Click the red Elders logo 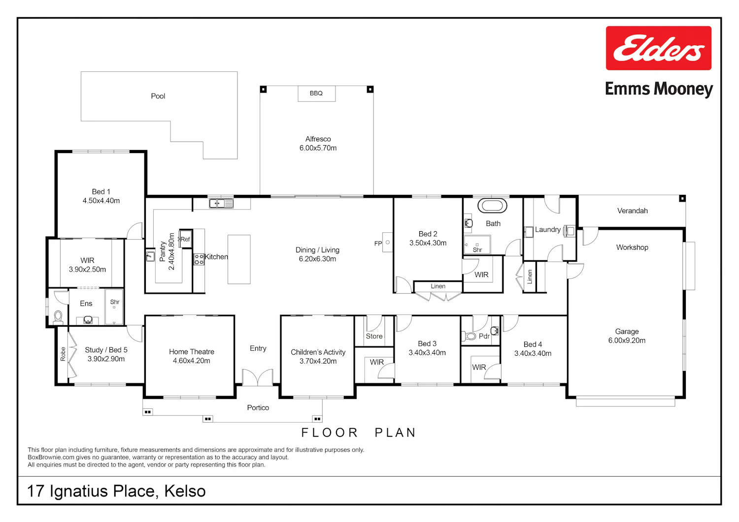[659, 48]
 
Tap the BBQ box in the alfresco [317, 93]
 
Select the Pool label [158, 96]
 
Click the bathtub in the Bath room [492, 206]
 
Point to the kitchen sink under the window [221, 203]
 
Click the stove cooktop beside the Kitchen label [199, 259]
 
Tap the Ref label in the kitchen [185, 239]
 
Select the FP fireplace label [378, 244]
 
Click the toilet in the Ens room [59, 317]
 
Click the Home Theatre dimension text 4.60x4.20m [191, 361]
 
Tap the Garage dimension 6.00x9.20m [627, 340]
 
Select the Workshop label [632, 247]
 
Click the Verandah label [633, 211]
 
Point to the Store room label [374, 336]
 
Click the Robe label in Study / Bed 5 [63, 354]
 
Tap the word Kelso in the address [185, 491]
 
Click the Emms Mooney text [659, 89]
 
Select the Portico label [258, 408]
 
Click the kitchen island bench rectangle [239, 259]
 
